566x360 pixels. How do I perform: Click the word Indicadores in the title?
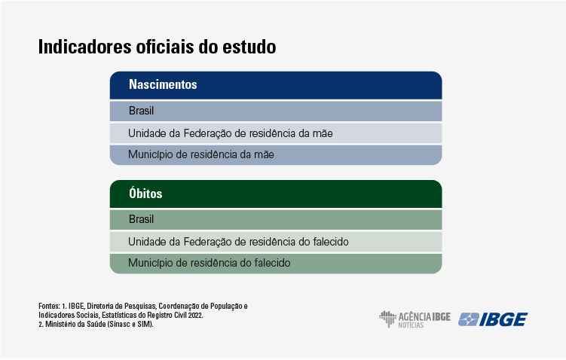(85, 47)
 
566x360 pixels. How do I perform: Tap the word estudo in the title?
(249, 47)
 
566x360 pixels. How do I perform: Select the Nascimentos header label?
(163, 84)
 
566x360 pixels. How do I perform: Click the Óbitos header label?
(145, 193)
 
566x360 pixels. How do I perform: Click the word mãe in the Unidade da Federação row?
(323, 133)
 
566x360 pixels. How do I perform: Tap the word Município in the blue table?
(150, 154)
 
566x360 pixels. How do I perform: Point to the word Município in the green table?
(150, 263)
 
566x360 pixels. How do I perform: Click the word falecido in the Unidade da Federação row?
(331, 241)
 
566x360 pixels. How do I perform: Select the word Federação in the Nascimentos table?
(207, 133)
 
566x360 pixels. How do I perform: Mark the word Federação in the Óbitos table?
(207, 242)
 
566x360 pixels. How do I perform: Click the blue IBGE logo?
(493, 319)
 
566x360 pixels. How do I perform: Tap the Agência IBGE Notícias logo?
(415, 319)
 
